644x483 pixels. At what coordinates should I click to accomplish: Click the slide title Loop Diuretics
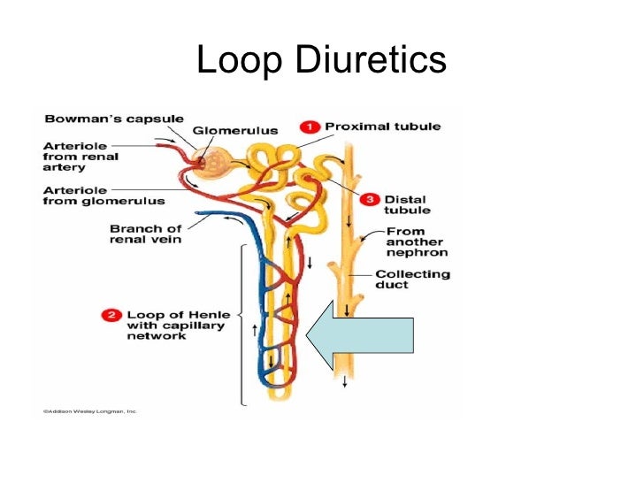point(321,61)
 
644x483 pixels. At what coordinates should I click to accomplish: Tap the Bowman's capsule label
point(114,119)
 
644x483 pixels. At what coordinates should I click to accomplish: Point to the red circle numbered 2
point(111,313)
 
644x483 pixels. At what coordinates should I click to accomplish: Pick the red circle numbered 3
point(370,198)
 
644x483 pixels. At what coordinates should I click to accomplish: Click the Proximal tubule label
point(382,126)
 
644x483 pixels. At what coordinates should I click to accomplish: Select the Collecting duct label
point(412,280)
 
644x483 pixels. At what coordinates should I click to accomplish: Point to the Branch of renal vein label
point(145,235)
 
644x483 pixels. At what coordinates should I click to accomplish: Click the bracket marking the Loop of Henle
point(242,323)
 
